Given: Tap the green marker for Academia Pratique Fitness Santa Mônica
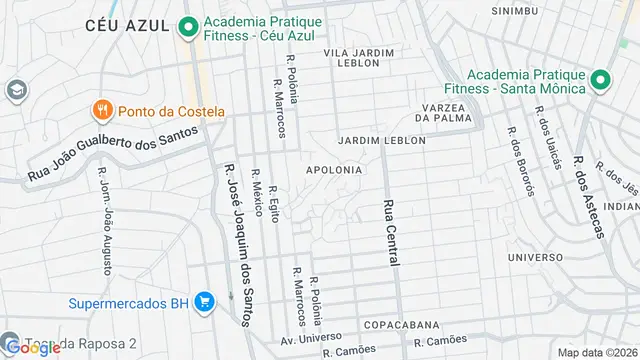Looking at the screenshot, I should click(x=600, y=79).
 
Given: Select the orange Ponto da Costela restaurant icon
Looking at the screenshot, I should click(x=101, y=110).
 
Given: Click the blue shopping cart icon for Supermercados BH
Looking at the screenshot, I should click(x=204, y=301).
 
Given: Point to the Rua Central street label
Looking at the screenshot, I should click(x=389, y=233).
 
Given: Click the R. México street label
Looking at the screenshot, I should click(x=258, y=192).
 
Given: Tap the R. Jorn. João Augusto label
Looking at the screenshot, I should click(x=104, y=220).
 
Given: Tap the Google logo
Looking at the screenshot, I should click(x=32, y=347).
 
